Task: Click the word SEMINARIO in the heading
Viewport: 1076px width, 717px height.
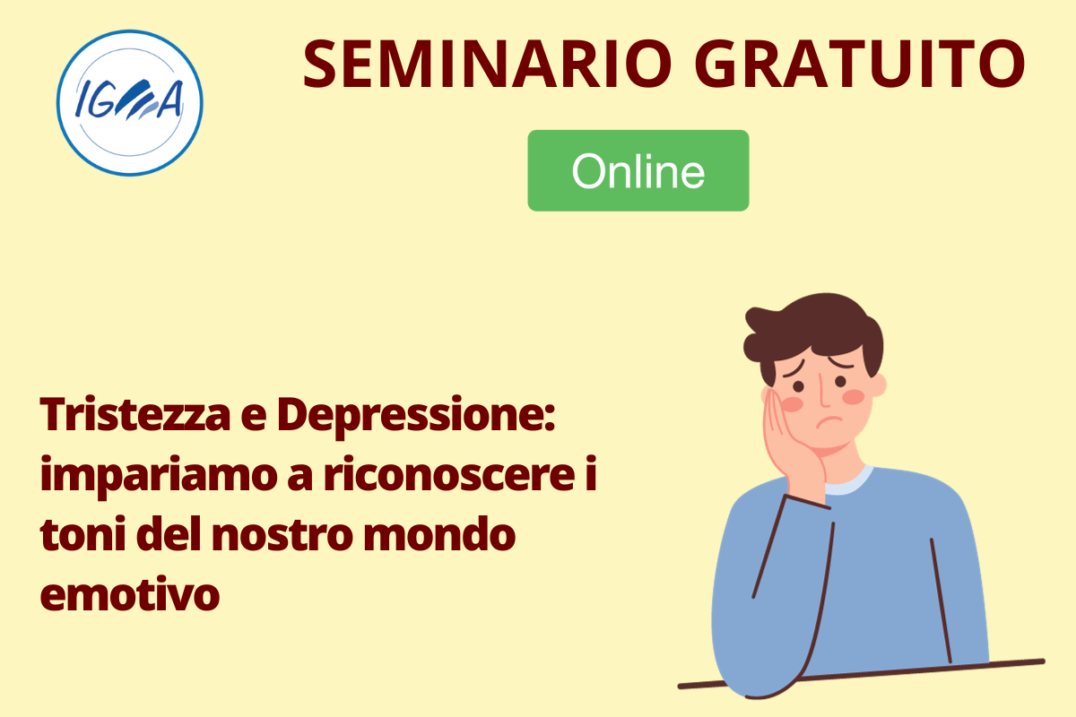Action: [488, 65]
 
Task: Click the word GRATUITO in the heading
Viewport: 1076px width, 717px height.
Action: [860, 65]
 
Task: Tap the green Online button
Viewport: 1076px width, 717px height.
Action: [638, 170]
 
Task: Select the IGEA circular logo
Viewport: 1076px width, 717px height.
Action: [130, 103]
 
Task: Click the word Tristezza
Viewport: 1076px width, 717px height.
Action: [135, 414]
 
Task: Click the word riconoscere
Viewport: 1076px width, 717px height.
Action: [449, 473]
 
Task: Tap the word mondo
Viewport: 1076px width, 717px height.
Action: [439, 533]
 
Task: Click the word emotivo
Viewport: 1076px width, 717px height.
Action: [130, 594]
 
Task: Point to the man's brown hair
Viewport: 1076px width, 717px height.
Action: [817, 332]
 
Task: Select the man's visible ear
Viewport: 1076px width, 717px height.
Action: [878, 384]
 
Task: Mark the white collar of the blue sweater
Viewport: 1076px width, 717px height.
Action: [848, 481]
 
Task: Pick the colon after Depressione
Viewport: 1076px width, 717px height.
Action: [550, 418]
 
